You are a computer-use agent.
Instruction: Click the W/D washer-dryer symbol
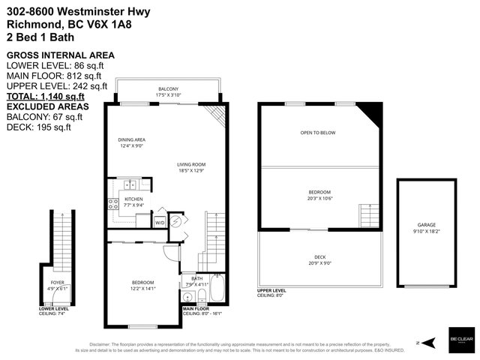(x=160, y=223)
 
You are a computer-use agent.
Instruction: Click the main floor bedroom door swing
(x=172, y=251)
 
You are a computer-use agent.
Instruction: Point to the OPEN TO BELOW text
(x=318, y=133)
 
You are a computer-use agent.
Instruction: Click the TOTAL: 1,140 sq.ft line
(x=45, y=96)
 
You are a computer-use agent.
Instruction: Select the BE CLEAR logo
(x=460, y=338)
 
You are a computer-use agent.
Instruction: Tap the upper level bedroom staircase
(x=366, y=213)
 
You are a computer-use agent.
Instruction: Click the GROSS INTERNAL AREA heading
(x=60, y=55)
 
